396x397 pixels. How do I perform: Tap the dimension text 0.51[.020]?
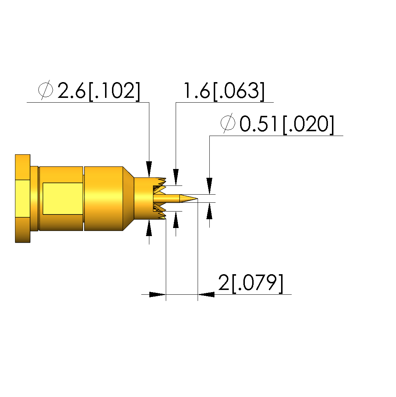click(287, 124)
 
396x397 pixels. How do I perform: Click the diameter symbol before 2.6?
click(46, 90)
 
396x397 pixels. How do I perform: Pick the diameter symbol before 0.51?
click(228, 123)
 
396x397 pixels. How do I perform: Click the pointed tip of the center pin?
click(197, 199)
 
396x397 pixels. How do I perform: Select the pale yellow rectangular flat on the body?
click(63, 199)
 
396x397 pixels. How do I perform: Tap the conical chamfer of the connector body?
click(128, 199)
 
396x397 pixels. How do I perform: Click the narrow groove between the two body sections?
click(83, 199)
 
